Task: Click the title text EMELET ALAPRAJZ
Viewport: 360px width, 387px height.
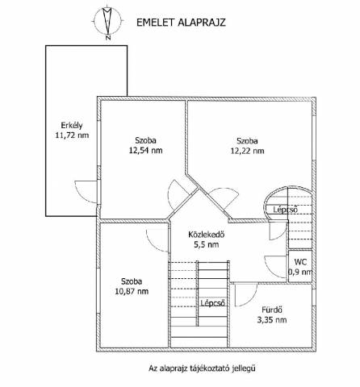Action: pyautogui.click(x=181, y=23)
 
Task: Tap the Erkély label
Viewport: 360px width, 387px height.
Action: pyautogui.click(x=72, y=126)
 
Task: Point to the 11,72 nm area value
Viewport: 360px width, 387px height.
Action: pyautogui.click(x=72, y=135)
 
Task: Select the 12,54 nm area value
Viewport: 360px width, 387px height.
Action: pyautogui.click(x=145, y=150)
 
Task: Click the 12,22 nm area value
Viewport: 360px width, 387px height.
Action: pyautogui.click(x=247, y=151)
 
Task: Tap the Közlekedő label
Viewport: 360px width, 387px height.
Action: pyautogui.click(x=207, y=235)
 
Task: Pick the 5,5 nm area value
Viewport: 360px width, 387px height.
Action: pyautogui.click(x=207, y=244)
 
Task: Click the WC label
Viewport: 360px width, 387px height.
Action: pyautogui.click(x=300, y=262)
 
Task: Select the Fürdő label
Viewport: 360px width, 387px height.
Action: pyautogui.click(x=272, y=310)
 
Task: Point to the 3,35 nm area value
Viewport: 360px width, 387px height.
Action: pyautogui.click(x=272, y=320)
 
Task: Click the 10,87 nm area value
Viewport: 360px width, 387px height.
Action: pyautogui.click(x=132, y=291)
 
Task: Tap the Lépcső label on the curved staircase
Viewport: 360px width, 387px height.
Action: pyautogui.click(x=286, y=210)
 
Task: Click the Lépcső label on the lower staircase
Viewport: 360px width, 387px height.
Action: pyautogui.click(x=213, y=303)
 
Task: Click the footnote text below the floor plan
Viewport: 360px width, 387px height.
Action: pyautogui.click(x=202, y=368)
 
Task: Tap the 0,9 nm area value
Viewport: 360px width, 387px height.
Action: pyautogui.click(x=300, y=272)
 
